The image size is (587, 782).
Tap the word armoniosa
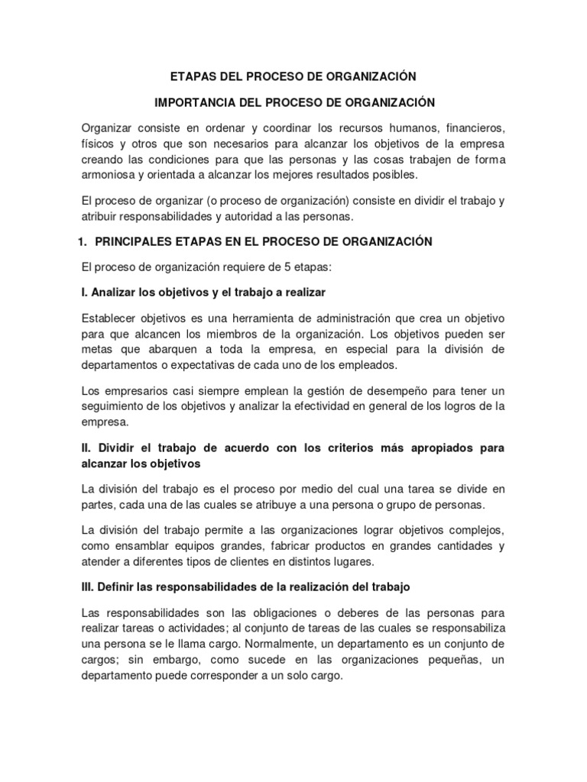point(107,175)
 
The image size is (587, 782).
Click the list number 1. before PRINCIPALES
point(83,241)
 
